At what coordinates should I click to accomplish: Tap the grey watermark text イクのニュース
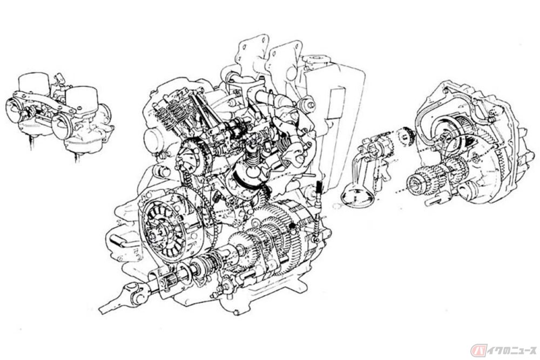coord(511,351)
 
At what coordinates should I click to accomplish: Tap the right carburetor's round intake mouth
coord(62,125)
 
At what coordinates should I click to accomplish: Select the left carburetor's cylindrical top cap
coord(33,83)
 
